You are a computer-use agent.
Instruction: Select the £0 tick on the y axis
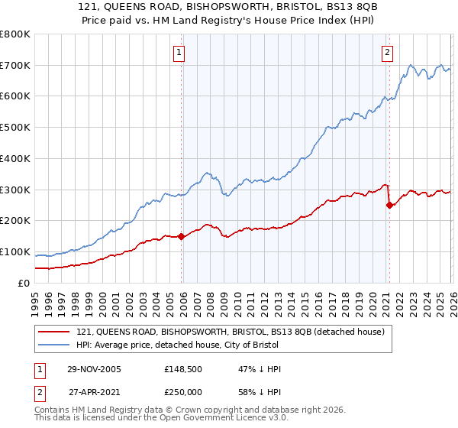click(23, 283)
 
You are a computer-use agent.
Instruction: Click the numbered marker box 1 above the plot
click(179, 53)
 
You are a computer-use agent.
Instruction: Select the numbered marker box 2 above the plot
click(387, 53)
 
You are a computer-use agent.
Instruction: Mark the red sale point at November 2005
click(181, 237)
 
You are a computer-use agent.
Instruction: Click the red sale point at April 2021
click(389, 205)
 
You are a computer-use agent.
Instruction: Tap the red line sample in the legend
click(53, 332)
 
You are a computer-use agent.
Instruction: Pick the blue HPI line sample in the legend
click(53, 345)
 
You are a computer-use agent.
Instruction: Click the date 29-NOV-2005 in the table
click(94, 369)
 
